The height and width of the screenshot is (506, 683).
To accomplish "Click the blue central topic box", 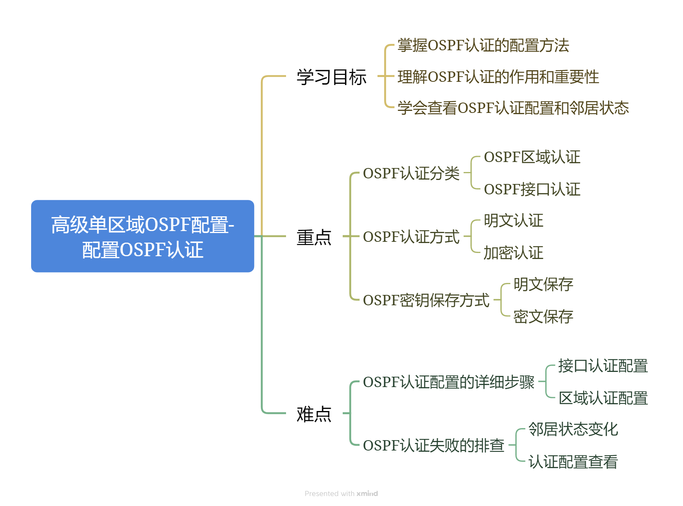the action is [142, 236].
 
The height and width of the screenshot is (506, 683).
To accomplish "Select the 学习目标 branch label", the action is [331, 77].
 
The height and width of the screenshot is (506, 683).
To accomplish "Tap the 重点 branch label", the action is [314, 237].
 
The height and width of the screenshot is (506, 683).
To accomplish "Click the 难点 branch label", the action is [314, 414].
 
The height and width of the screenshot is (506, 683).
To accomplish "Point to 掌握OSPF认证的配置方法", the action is [483, 45].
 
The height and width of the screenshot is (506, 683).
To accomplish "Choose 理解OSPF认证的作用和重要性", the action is [498, 77].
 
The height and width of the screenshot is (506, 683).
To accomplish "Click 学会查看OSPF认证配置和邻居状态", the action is [513, 108].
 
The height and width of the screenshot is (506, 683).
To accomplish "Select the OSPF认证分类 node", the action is [411, 174].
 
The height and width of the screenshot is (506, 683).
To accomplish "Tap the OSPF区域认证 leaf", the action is [532, 157].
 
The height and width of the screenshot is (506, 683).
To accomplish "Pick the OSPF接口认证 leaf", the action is [532, 190].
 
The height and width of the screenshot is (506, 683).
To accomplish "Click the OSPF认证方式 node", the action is [411, 237].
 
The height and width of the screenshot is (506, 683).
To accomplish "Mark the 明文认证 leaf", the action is [513, 221].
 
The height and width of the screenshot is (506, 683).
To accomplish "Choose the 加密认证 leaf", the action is [513, 253].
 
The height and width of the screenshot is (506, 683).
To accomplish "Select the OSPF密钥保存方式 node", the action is [426, 300].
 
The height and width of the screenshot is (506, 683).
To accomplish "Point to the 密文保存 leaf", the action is [543, 317].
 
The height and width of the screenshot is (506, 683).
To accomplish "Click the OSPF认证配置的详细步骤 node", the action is [448, 382].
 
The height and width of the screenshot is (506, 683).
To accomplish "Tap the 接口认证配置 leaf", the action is [603, 366].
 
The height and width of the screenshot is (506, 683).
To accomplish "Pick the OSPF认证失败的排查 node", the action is [433, 446].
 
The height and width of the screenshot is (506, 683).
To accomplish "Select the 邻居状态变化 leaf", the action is [573, 430].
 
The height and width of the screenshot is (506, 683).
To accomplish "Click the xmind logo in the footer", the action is [367, 494].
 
